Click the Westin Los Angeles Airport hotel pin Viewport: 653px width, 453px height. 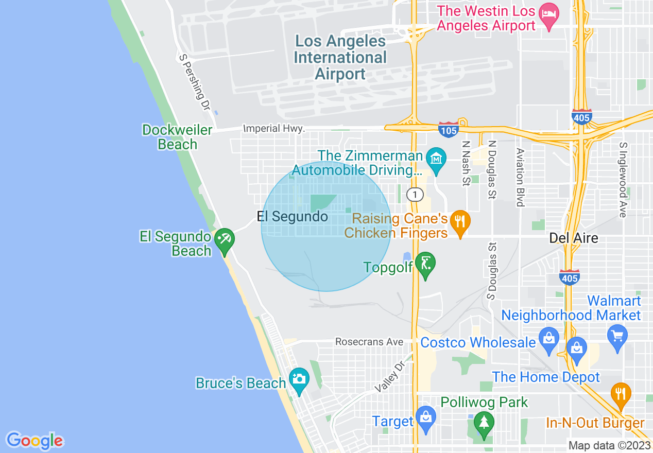[546, 13]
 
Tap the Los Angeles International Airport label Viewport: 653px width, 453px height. [340, 57]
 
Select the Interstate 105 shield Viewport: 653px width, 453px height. [449, 130]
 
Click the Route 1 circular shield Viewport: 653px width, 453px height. [415, 194]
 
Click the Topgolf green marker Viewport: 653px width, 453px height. [425, 264]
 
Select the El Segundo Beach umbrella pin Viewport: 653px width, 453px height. [225, 239]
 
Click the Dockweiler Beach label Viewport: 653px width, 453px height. [177, 137]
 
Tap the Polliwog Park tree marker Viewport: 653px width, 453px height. [484, 423]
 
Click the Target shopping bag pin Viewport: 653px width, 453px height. [426, 417]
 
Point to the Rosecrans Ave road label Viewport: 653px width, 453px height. [369, 342]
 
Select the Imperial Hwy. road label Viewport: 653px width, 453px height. [274, 128]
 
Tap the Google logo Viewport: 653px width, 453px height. [35, 441]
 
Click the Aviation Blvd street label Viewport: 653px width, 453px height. [520, 178]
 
